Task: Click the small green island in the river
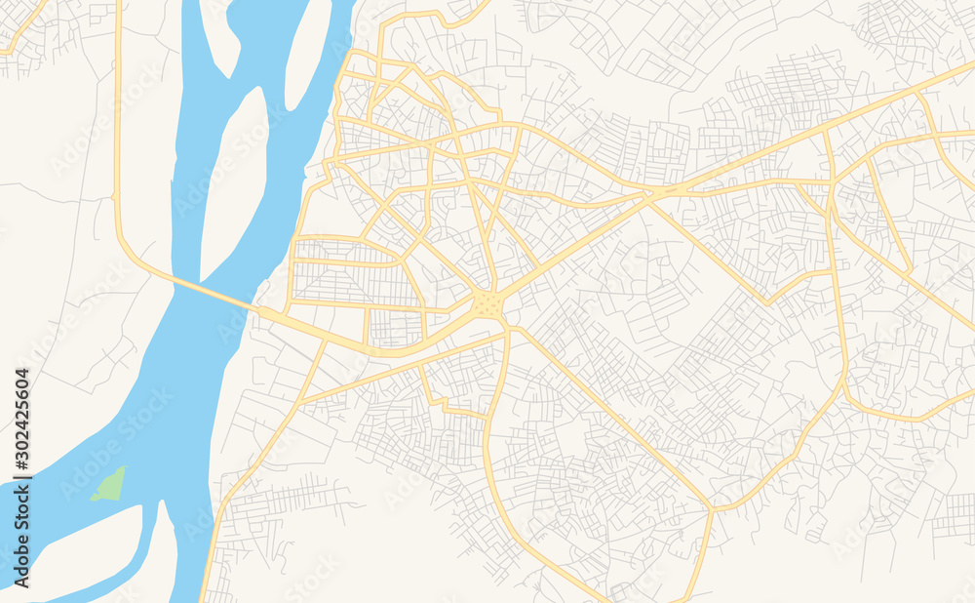[108, 484]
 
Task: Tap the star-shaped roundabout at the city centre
[487, 305]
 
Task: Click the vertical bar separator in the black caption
[21, 499]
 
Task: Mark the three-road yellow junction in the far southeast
[712, 508]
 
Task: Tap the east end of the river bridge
[261, 310]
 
